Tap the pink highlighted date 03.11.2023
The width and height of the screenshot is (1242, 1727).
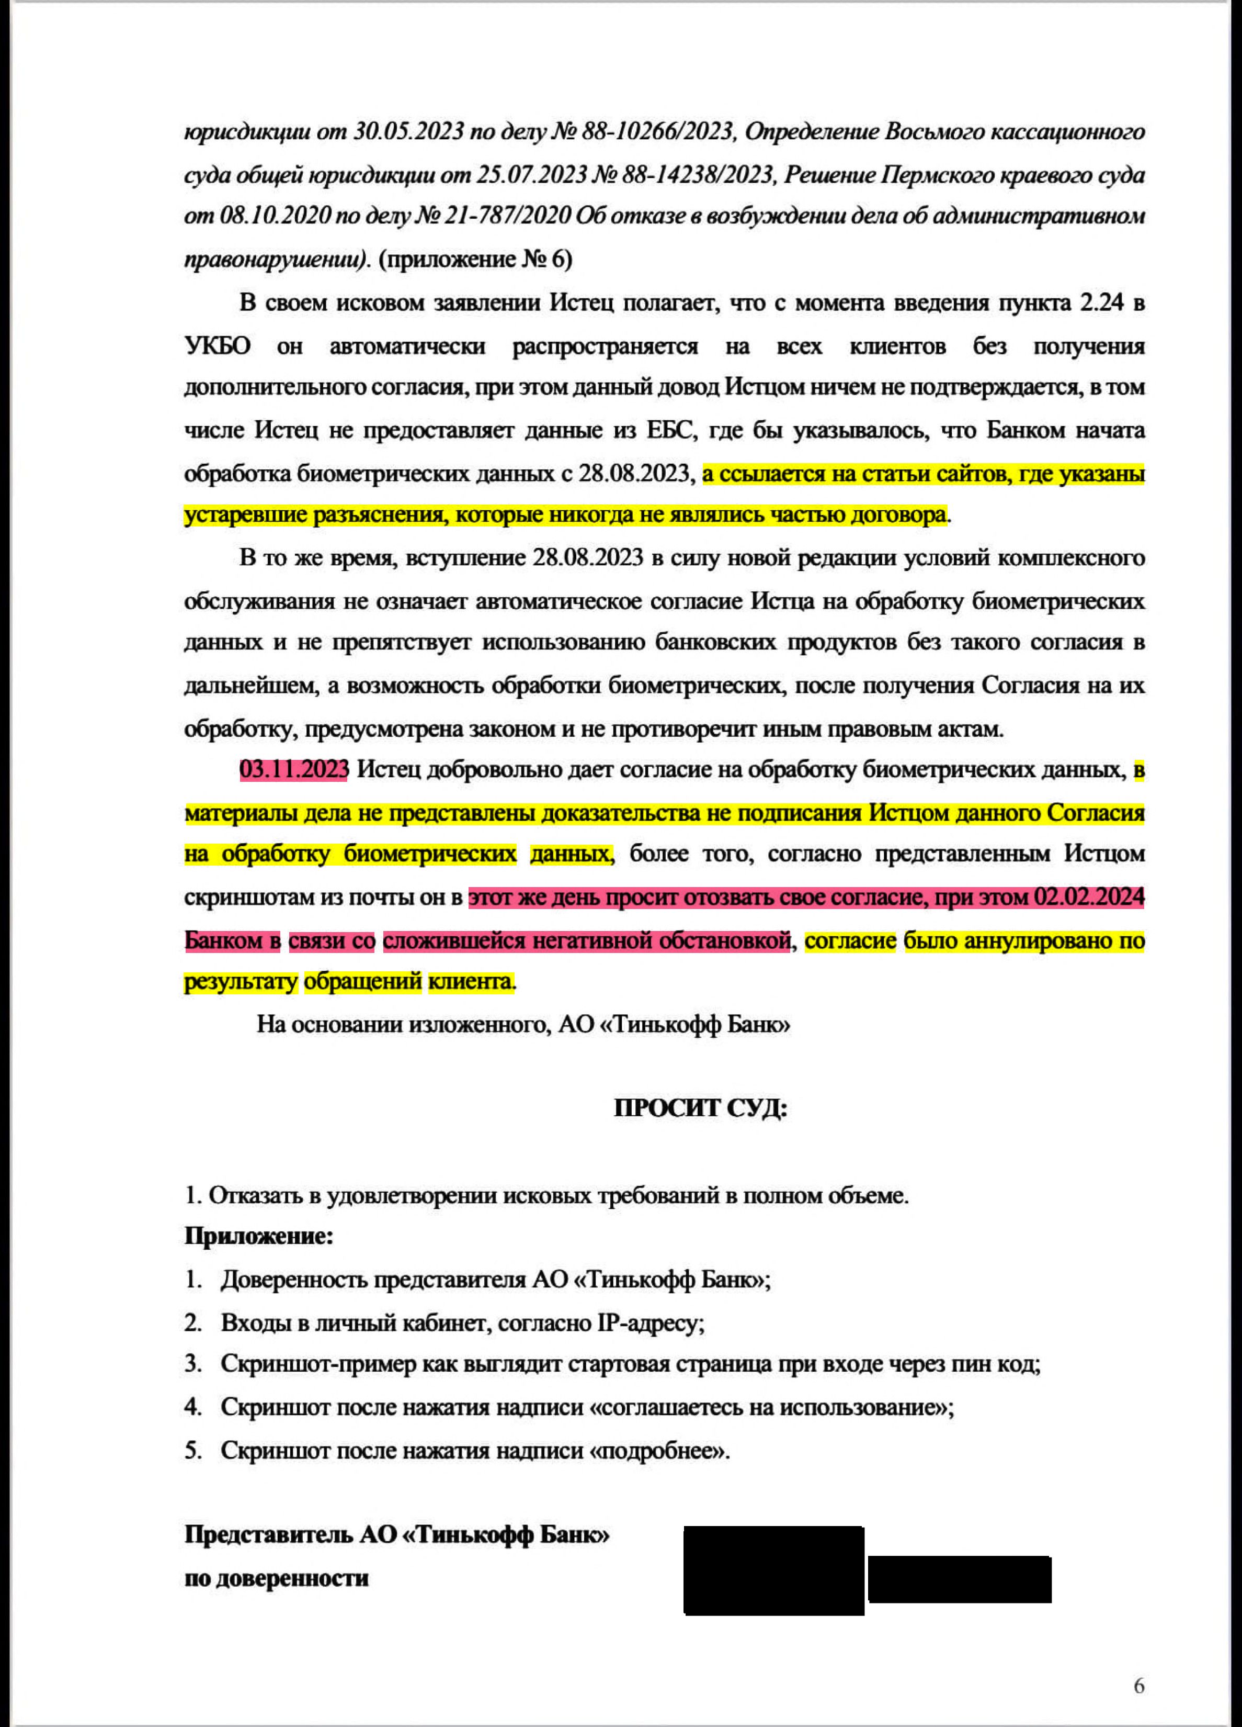tap(294, 770)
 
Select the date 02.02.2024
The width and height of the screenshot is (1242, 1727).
tap(1088, 897)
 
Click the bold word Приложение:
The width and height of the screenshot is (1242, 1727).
tap(259, 1236)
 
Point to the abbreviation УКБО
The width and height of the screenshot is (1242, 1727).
tap(217, 346)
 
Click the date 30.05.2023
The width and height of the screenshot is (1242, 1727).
tap(408, 132)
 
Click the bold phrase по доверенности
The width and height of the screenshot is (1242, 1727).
tap(276, 1578)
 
